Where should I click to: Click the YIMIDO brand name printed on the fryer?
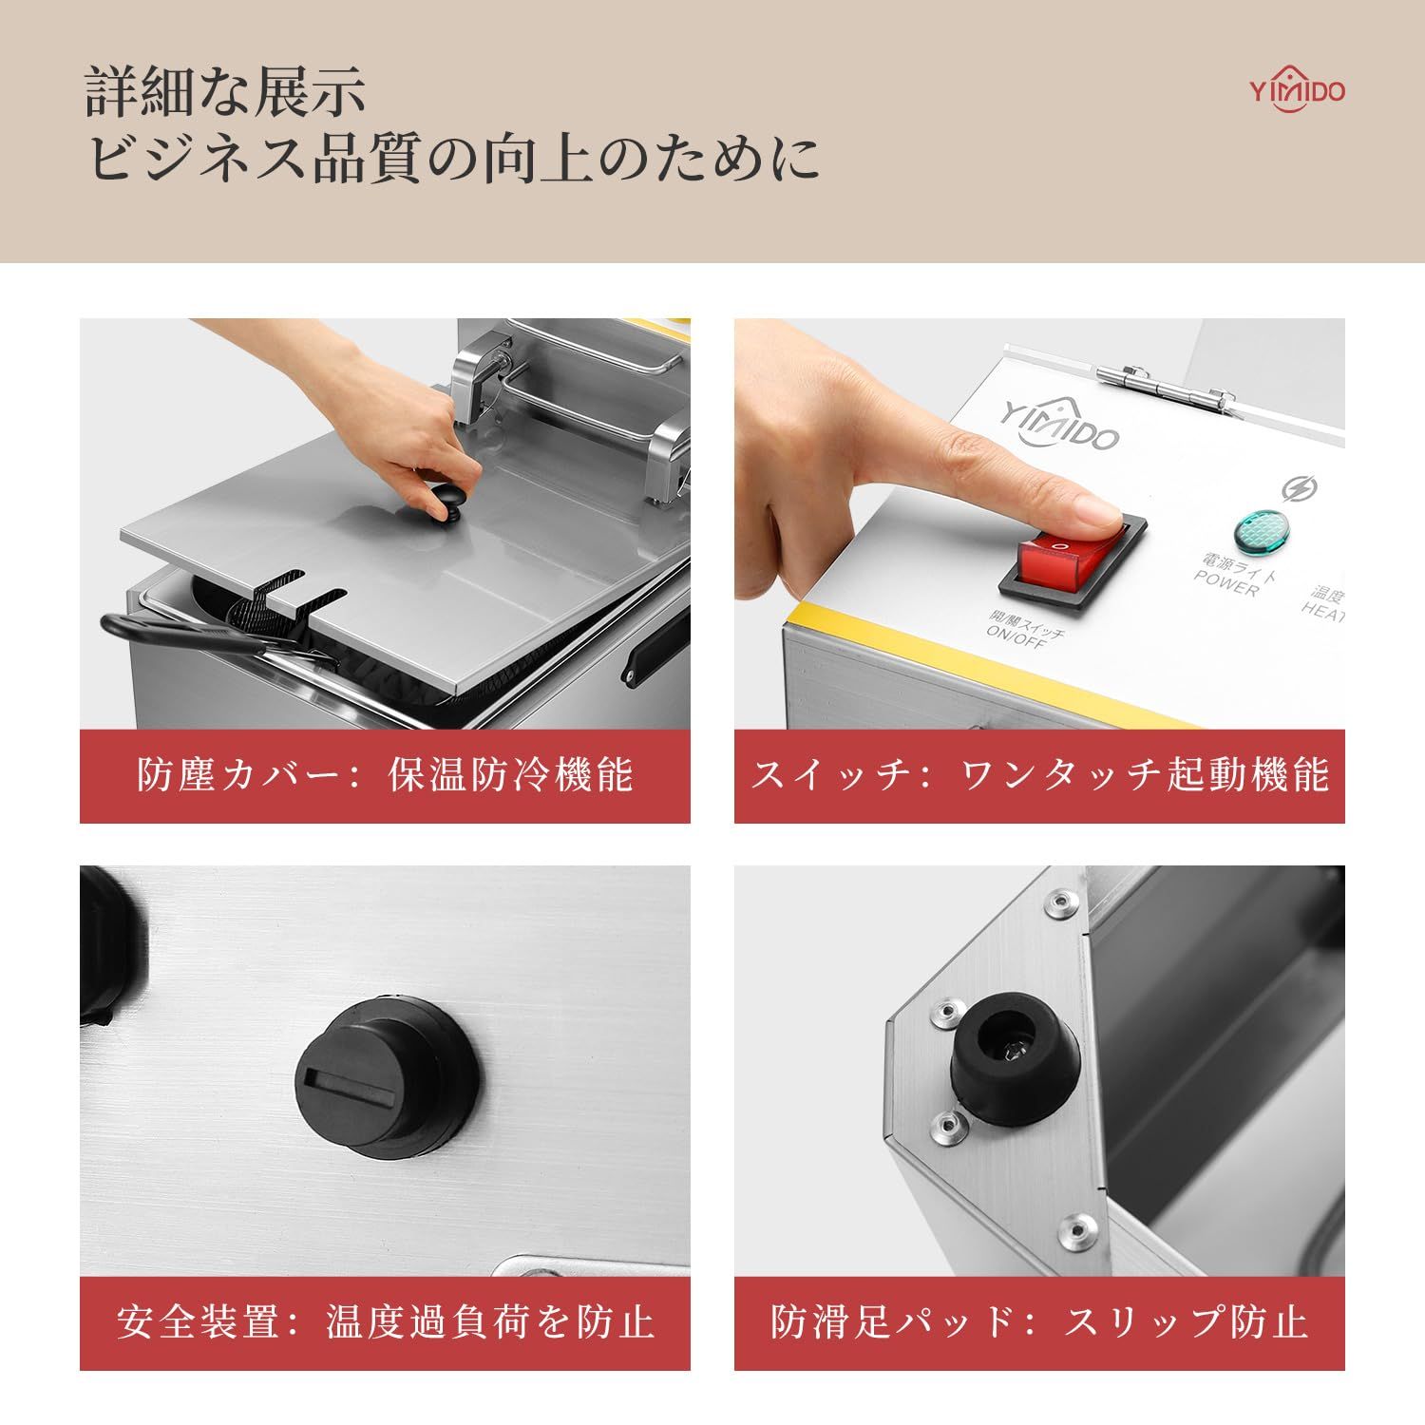click(1059, 424)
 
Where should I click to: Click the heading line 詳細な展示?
click(226, 93)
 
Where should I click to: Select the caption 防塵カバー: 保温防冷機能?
click(385, 775)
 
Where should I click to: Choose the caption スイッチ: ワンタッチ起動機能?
click(1039, 775)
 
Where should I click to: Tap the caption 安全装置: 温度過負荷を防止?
click(385, 1321)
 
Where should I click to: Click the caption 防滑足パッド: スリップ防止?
click(1039, 1321)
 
